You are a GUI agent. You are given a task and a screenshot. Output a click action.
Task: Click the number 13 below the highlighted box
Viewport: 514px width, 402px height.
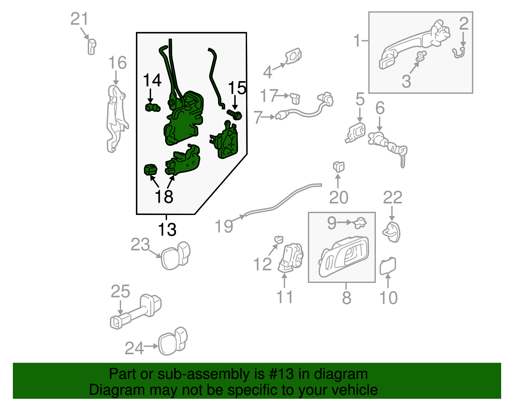167,230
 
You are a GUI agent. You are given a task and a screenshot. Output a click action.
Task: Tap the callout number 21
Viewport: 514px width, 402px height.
79,19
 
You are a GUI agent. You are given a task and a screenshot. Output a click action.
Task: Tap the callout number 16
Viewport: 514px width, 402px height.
117,62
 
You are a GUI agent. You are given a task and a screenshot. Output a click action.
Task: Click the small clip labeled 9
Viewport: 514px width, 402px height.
360,222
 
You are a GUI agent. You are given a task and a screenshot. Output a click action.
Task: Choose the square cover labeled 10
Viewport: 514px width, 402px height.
388,266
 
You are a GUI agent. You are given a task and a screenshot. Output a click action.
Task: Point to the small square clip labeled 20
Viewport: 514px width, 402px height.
338,167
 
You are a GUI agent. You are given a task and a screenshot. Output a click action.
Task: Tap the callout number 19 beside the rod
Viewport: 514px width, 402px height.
224,226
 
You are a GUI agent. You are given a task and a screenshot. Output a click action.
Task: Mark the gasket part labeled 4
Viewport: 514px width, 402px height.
293,56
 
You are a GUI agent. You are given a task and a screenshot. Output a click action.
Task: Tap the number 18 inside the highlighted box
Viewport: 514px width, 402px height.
164,196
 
